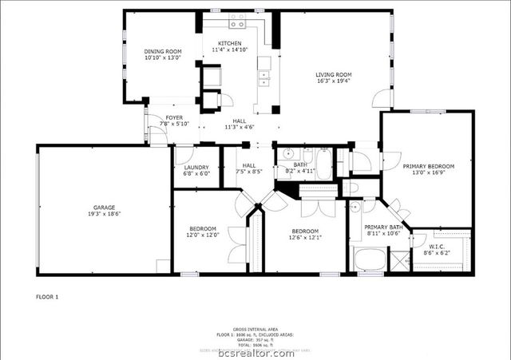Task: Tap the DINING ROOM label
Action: (163, 51)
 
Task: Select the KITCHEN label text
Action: (230, 43)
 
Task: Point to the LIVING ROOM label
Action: (334, 75)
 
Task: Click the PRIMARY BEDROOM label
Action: (427, 166)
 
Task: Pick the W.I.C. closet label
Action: (439, 247)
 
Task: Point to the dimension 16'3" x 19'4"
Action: (334, 81)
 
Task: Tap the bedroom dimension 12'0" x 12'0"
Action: (203, 235)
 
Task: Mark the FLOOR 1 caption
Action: (47, 297)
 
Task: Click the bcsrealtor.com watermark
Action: (255, 352)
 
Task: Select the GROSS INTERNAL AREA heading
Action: (255, 329)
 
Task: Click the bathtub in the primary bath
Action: (368, 260)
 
